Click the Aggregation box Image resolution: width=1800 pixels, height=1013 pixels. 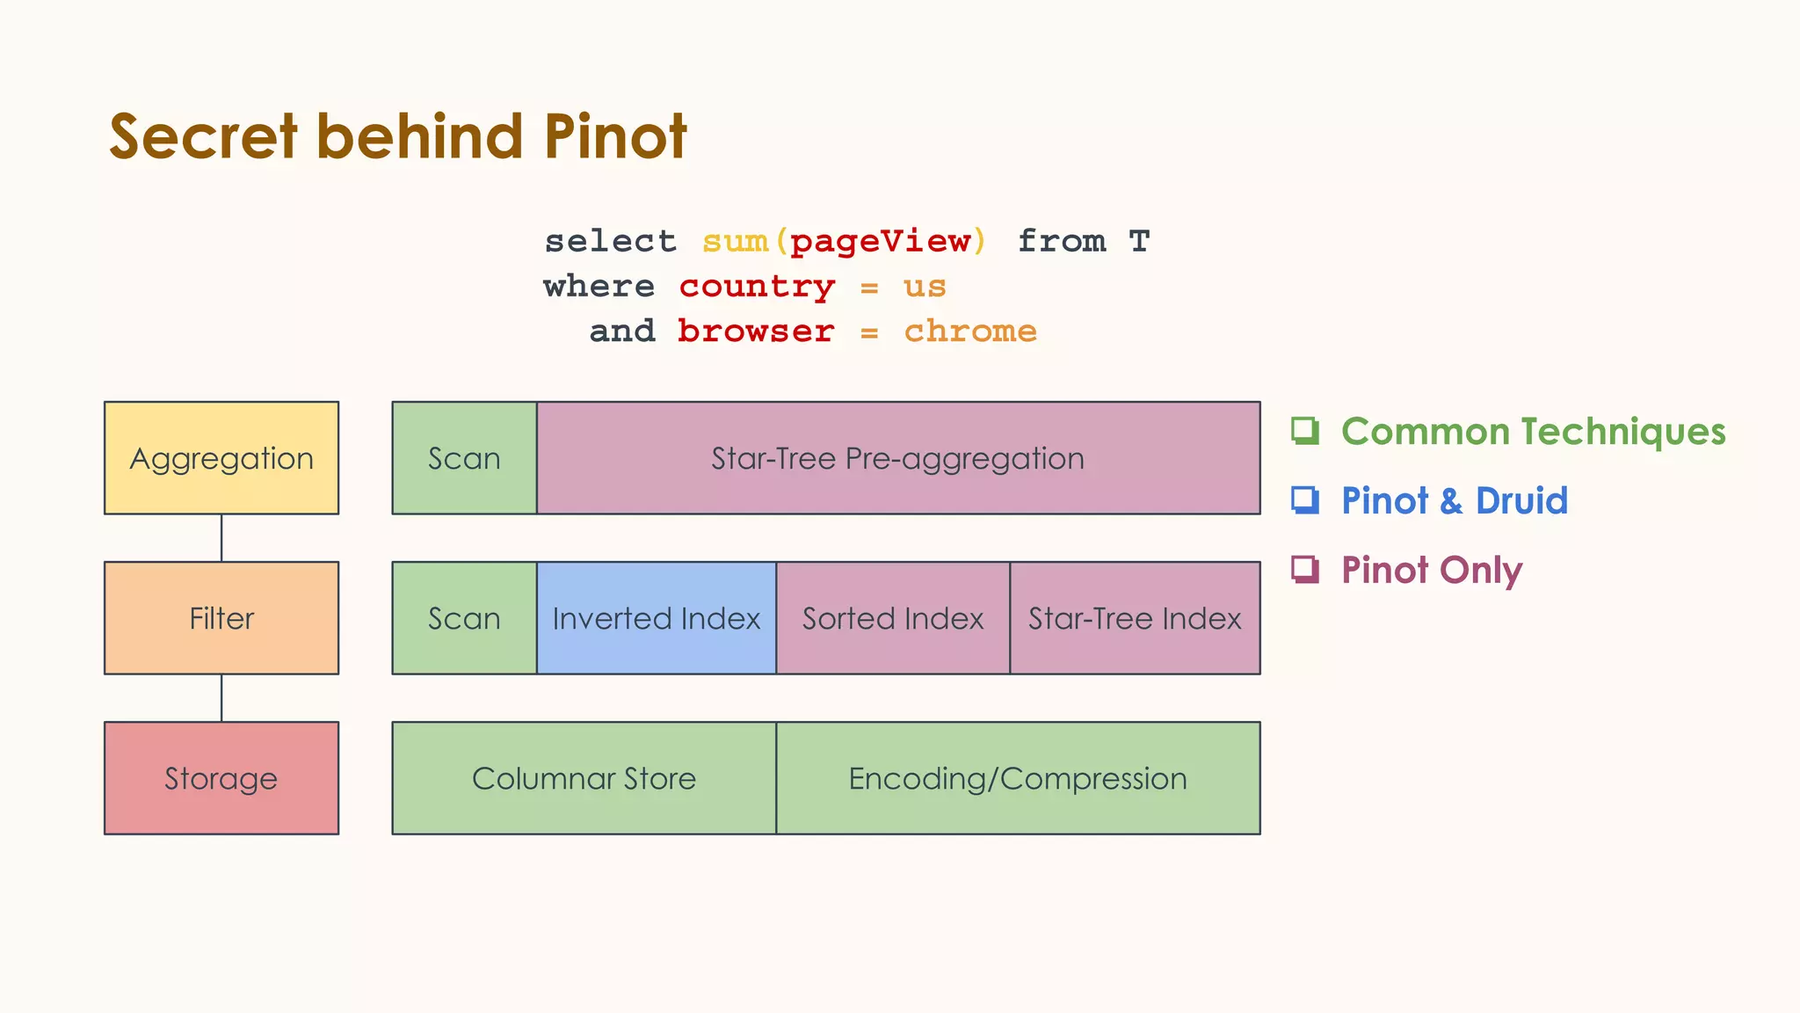[x=221, y=458]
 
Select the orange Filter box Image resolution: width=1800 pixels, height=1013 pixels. [x=221, y=618]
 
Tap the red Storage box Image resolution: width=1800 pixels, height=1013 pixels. [x=221, y=778]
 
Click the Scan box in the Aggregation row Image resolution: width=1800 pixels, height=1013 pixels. [x=464, y=458]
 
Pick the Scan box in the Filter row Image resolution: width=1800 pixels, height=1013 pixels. [x=464, y=618]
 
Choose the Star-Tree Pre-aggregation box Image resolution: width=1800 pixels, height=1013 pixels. [x=897, y=458]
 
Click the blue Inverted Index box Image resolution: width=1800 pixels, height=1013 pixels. [x=656, y=618]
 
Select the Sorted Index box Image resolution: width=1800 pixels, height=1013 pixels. [x=893, y=618]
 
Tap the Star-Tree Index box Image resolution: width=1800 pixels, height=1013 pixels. [x=1135, y=618]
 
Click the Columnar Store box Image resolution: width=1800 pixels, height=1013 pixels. [x=584, y=778]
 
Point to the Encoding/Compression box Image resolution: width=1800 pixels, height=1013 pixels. [x=1018, y=778]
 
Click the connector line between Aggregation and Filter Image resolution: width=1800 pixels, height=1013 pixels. [x=221, y=538]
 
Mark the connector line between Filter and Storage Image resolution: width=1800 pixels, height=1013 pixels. [x=221, y=698]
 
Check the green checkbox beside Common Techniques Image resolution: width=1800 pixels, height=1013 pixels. [x=1304, y=431]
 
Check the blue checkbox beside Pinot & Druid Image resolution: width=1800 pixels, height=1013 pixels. [x=1304, y=500]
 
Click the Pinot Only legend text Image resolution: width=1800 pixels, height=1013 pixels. [x=1432, y=570]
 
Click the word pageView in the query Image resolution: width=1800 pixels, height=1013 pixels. [x=881, y=241]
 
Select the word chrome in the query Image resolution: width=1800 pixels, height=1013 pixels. [x=970, y=332]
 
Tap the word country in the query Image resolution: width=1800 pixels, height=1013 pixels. [x=757, y=287]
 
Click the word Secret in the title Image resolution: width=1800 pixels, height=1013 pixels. [x=203, y=137]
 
